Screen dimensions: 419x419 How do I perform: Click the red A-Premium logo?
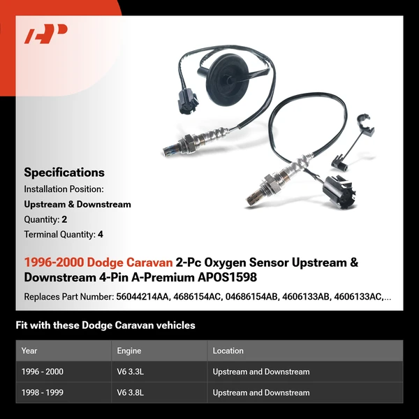(x=45, y=34)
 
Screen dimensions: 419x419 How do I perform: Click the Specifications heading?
(x=64, y=172)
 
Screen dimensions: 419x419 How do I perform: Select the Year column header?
(x=29, y=351)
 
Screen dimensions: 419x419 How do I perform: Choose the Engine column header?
(x=129, y=351)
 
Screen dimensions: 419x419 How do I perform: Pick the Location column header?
(x=228, y=351)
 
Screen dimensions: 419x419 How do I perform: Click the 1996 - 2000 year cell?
(x=43, y=372)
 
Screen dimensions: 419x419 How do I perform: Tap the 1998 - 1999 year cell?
(x=43, y=392)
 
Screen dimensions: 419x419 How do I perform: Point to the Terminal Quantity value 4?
(x=101, y=235)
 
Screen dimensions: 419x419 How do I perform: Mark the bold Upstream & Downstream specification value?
(x=78, y=205)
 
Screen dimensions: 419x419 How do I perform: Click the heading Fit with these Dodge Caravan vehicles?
(x=105, y=325)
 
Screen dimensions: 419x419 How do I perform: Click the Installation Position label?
(x=64, y=189)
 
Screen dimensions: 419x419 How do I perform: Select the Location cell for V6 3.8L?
(x=261, y=392)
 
